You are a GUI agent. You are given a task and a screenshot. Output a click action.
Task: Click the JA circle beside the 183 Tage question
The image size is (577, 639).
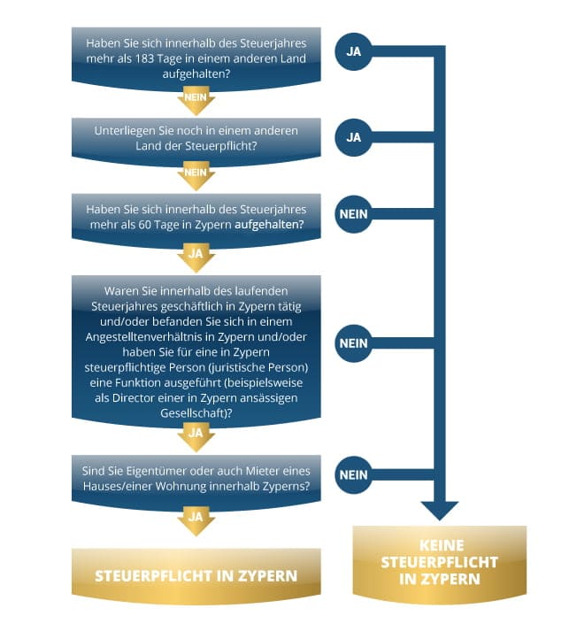click(353, 51)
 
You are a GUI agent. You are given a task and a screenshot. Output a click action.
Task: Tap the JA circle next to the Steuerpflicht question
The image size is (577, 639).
click(353, 137)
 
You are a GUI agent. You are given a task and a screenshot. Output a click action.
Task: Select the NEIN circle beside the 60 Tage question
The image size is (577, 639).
click(353, 214)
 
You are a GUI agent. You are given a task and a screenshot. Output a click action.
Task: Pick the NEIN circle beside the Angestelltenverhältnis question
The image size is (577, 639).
click(353, 343)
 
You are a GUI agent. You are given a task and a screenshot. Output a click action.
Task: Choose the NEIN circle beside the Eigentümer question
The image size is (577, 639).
click(353, 474)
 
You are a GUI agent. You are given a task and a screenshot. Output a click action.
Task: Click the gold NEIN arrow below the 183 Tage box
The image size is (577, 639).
click(196, 100)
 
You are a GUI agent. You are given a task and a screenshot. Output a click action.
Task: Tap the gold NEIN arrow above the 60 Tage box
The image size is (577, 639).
click(196, 175)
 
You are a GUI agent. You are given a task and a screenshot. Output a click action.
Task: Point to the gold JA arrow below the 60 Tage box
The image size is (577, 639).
click(196, 258)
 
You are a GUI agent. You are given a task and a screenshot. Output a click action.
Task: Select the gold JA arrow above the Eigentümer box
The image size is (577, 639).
click(196, 436)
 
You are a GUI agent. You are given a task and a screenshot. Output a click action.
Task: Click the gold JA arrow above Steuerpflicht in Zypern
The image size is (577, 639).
click(196, 520)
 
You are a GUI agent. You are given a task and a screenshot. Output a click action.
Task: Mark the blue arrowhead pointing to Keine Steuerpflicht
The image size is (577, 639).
click(440, 511)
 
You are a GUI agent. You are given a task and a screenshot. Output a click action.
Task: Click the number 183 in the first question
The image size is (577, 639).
click(144, 58)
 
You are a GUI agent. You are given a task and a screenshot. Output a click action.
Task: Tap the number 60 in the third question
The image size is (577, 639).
click(144, 225)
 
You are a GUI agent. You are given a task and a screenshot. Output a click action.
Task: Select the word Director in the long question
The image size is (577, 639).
click(133, 397)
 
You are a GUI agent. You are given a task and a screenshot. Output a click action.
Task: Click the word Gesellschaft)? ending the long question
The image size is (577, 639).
click(196, 413)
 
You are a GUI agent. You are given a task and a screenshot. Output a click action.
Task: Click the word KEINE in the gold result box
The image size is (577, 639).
click(442, 545)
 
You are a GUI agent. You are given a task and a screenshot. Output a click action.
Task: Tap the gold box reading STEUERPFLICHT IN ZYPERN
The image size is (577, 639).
click(196, 576)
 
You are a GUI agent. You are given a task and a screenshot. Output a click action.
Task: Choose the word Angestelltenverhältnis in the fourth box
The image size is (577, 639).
click(150, 337)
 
